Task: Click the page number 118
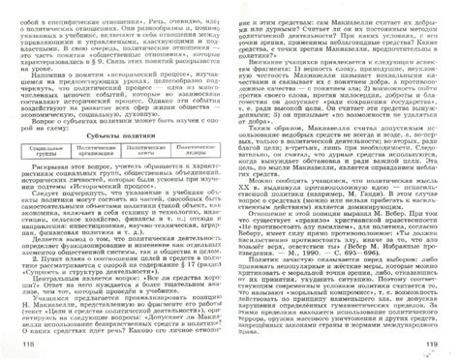point(16,345)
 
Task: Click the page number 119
point(440,345)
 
